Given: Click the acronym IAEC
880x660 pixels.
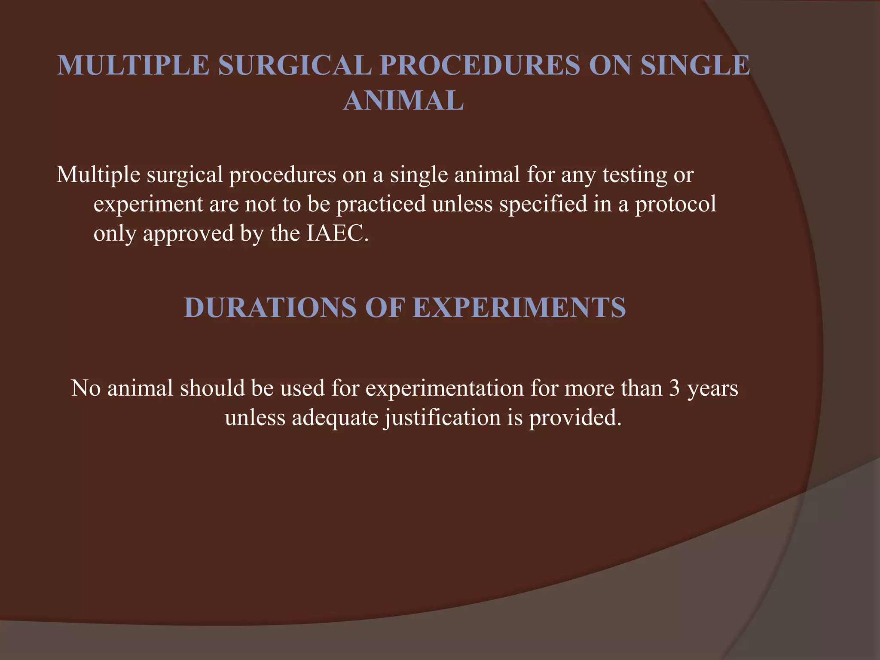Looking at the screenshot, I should coord(337,233).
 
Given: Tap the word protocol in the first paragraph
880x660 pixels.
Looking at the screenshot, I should coord(675,204).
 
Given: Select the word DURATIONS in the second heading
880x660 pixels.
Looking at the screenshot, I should coord(270,308).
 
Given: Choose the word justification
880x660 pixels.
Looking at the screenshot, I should coord(442,418).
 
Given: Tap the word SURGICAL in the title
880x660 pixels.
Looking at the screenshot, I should coord(295,65).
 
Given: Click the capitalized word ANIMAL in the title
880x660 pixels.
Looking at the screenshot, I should coord(403,101).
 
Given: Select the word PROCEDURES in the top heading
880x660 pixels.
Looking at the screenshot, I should coord(480,65).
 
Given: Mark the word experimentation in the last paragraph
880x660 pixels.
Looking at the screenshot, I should coord(445,388).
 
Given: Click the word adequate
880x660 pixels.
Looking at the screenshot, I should coord(335,418).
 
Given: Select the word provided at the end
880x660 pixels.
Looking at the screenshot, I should coord(574,418).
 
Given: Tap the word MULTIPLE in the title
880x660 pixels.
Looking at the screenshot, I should coord(133,65).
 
